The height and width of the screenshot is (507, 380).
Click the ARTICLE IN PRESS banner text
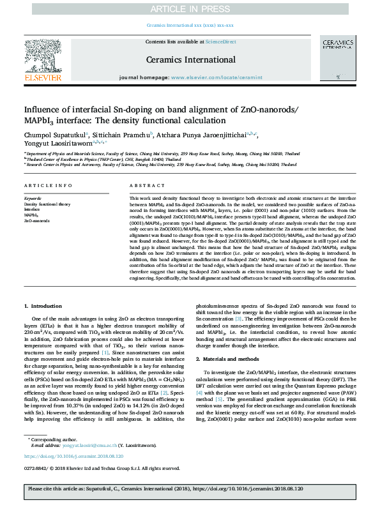[190, 8]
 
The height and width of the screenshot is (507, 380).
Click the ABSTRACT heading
[142, 186]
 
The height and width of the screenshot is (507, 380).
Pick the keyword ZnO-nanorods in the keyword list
[36, 220]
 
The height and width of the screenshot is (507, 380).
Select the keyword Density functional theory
[48, 203]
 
